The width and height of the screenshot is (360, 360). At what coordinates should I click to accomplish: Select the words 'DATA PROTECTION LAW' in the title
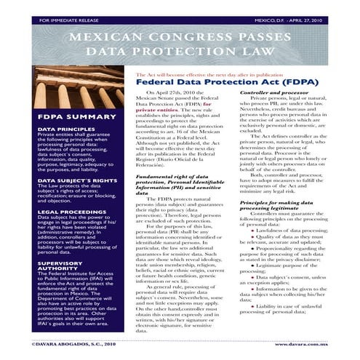pos(180,54)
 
